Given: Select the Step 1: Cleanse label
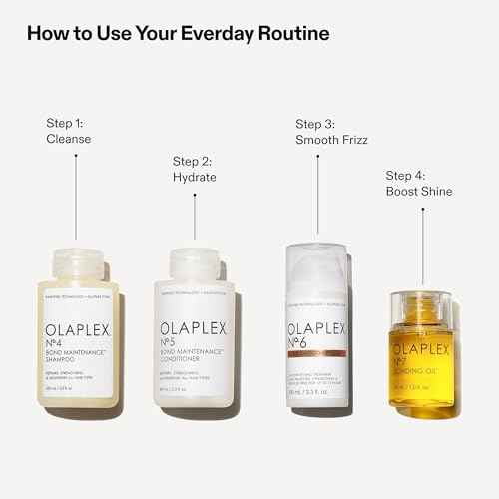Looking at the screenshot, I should (x=68, y=131).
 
